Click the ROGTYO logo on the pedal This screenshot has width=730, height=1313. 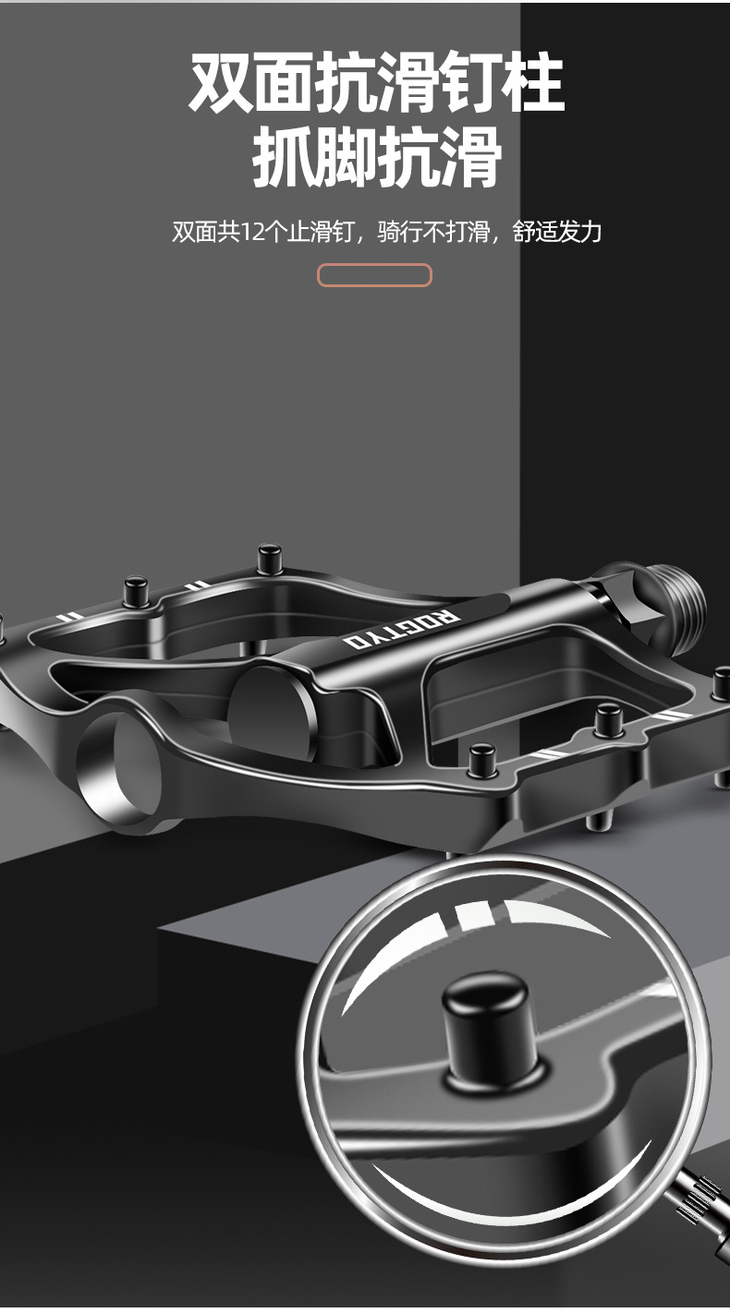coord(402,630)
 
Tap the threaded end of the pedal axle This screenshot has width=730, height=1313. coord(681,609)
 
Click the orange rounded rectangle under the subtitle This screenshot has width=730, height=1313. coord(374,275)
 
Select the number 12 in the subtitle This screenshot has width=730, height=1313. coord(254,232)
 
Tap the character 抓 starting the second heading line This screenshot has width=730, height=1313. coord(283,157)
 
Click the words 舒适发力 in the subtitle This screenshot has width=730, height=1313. coord(557,232)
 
